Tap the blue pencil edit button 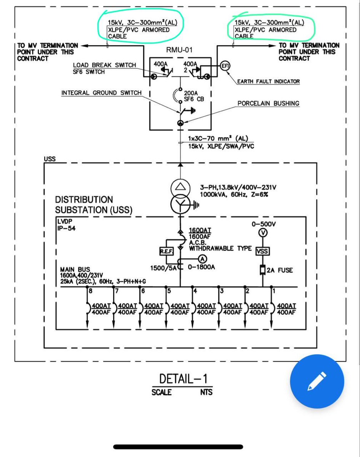[x=317, y=381]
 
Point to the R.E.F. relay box [x=166, y=251]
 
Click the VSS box [x=262, y=251]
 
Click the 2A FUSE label [x=280, y=270]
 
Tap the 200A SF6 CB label [x=194, y=96]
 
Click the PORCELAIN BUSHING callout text [x=268, y=103]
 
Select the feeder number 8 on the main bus [x=90, y=291]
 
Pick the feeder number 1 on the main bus [x=274, y=291]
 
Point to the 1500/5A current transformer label [x=164, y=268]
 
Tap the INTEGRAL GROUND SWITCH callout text [x=101, y=93]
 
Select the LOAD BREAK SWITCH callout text [x=104, y=65]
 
